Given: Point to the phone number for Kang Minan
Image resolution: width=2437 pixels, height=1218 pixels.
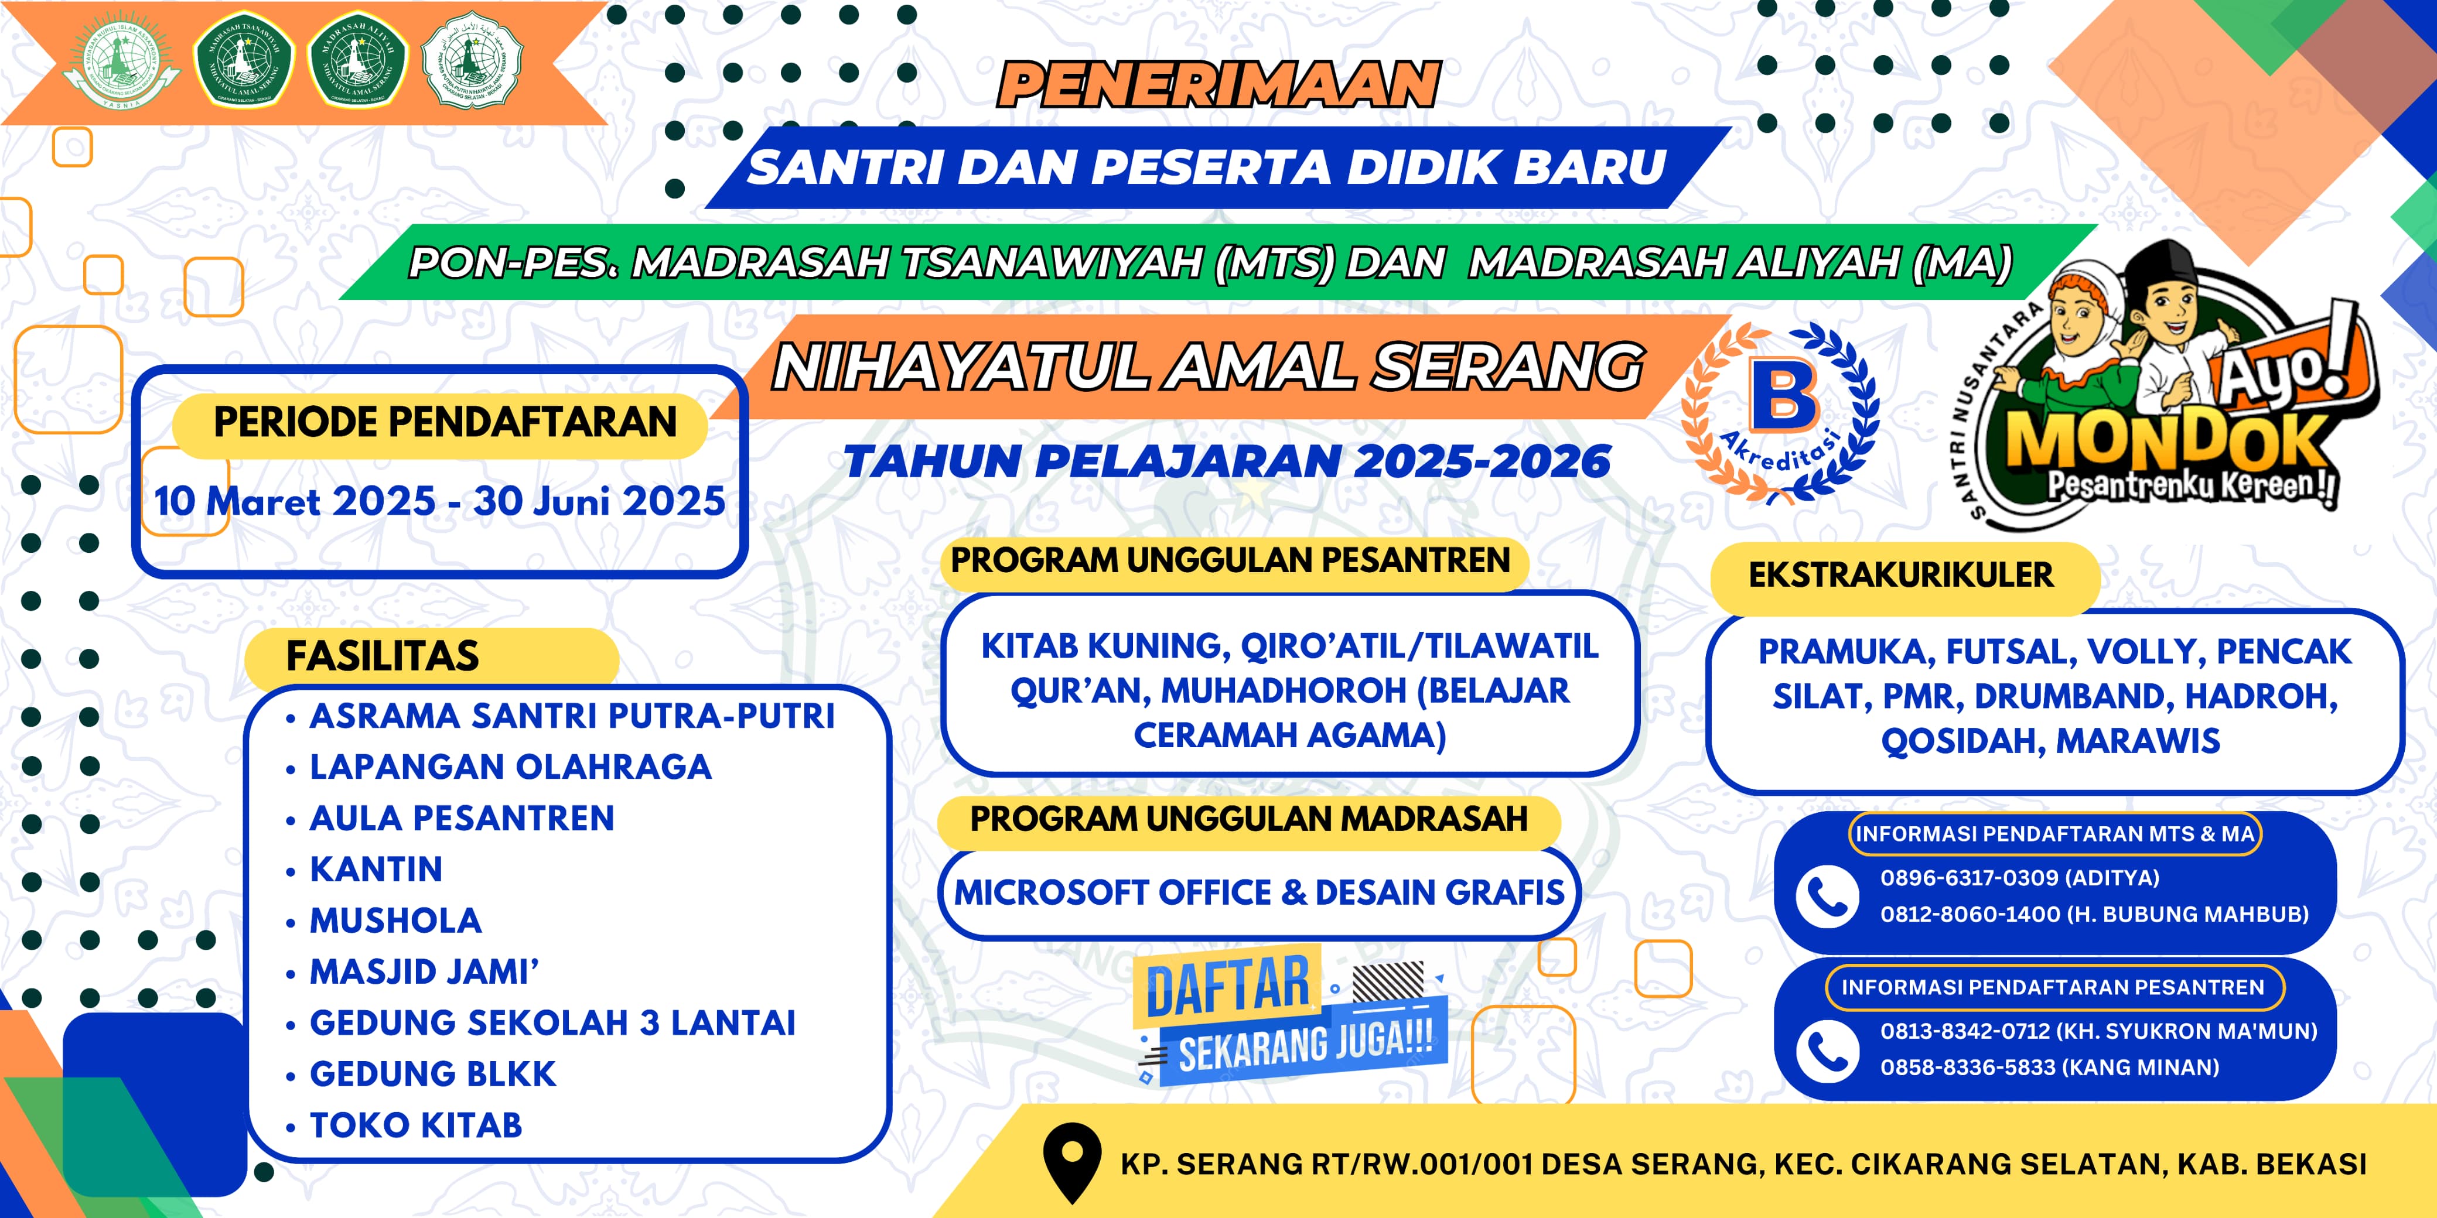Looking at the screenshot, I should pyautogui.click(x=2048, y=1068).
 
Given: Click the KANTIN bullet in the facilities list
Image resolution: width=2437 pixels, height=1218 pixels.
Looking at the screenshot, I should pyautogui.click(x=376, y=869).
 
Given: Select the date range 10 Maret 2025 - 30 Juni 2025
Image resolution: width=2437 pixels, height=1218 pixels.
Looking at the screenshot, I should pyautogui.click(x=440, y=501).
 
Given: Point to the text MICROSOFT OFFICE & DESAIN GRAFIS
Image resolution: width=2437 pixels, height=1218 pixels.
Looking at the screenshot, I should pyautogui.click(x=1259, y=892).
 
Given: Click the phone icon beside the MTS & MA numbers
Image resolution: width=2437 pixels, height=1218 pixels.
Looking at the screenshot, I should pyautogui.click(x=1827, y=895).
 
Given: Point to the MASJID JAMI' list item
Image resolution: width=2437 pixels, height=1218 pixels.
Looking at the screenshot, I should pyautogui.click(x=424, y=972).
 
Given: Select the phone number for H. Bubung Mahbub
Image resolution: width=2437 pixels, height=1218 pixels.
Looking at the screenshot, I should pyautogui.click(x=2094, y=915).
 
